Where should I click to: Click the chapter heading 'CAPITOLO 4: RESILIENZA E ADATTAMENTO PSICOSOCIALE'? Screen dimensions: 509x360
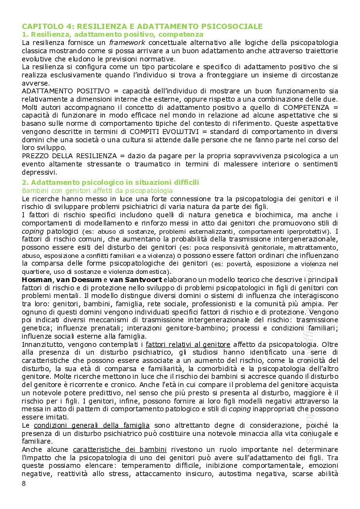[142, 26]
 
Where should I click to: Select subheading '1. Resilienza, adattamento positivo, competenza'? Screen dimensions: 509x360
[113, 35]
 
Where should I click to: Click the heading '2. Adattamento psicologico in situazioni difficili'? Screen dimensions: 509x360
[110, 182]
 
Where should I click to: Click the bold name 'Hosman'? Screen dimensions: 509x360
[37, 280]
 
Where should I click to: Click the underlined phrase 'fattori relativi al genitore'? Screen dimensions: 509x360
[188, 344]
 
